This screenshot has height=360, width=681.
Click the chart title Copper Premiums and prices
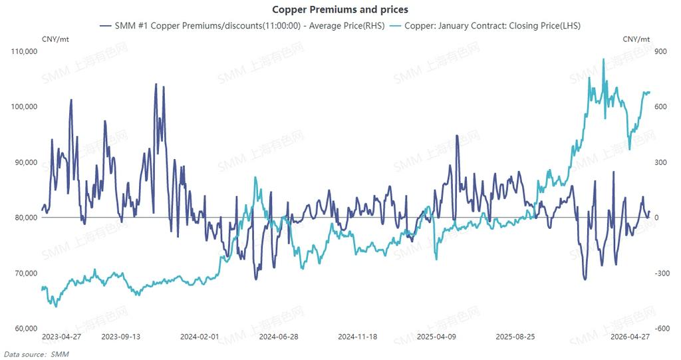click(x=340, y=10)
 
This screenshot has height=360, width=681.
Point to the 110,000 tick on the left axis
click(x=25, y=51)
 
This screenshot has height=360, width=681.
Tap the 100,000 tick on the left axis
click(x=25, y=106)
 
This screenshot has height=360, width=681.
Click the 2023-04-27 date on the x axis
click(x=61, y=337)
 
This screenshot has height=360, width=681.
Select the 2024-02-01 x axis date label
click(x=200, y=337)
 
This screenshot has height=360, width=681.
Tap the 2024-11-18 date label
click(x=358, y=337)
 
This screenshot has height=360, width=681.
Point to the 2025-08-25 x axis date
click(x=515, y=337)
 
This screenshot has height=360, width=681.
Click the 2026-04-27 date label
click(x=630, y=337)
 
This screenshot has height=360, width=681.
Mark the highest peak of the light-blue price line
click(x=603, y=59)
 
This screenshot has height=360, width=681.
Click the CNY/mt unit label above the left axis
click(x=55, y=39)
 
